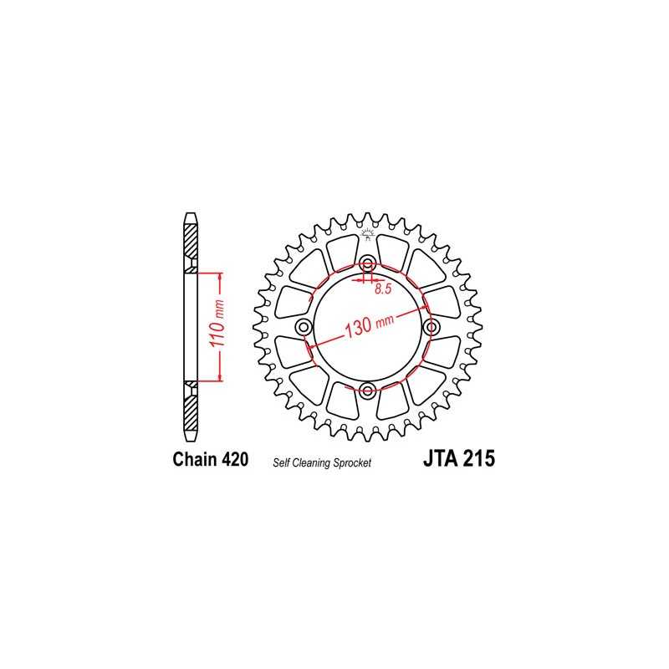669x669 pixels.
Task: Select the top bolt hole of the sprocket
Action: tap(367, 265)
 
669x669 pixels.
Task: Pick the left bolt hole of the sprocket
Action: tap(304, 326)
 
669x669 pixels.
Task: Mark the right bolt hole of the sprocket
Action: tap(431, 326)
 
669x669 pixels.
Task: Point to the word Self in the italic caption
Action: tap(280, 462)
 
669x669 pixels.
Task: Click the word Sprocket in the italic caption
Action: tap(352, 462)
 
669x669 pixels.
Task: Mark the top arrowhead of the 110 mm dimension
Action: tap(219, 276)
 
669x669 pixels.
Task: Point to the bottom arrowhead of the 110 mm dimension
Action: tap(219, 378)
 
